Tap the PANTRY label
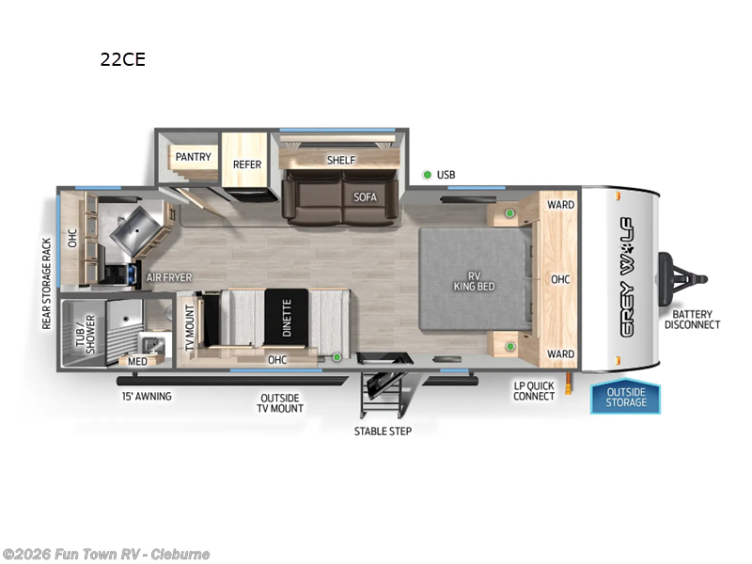tap(193, 157)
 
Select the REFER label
tap(247, 164)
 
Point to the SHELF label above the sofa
tap(341, 160)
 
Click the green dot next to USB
tap(427, 175)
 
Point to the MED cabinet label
tap(137, 361)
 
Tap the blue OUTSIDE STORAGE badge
tap(626, 397)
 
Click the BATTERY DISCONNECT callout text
tap(692, 320)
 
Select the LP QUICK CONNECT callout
tap(533, 390)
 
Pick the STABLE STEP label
tap(383, 431)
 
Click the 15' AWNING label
tap(146, 396)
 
